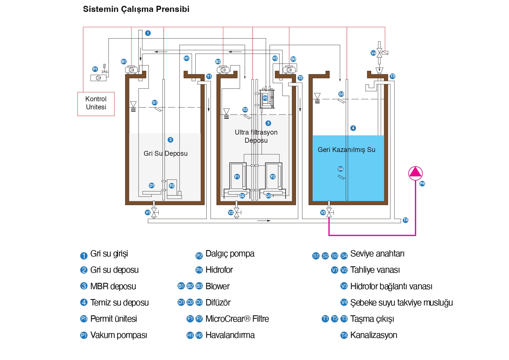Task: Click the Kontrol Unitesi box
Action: tap(96, 104)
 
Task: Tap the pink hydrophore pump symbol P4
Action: tap(415, 173)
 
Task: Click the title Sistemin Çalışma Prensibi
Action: tap(136, 9)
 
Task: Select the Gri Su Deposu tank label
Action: tap(165, 153)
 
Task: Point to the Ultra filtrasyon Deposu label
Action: tap(256, 136)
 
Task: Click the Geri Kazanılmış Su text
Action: tap(346, 150)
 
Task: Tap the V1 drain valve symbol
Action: tap(154, 213)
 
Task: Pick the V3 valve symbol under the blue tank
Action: tap(329, 213)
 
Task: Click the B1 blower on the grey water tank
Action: tap(131, 70)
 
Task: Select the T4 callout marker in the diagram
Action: tap(405, 220)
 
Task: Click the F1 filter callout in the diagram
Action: tap(237, 177)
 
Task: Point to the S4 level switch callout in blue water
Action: tap(340, 169)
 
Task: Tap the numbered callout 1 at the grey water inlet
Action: tap(148, 33)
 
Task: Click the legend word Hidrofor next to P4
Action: tap(219, 270)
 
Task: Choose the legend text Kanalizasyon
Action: tap(373, 335)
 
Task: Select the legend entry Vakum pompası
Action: tap(118, 335)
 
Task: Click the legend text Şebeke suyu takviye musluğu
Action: tap(401, 303)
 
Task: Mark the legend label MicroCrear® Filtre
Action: tap(237, 319)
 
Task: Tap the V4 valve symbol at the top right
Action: tap(379, 53)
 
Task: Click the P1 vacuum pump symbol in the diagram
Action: tap(98, 78)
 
